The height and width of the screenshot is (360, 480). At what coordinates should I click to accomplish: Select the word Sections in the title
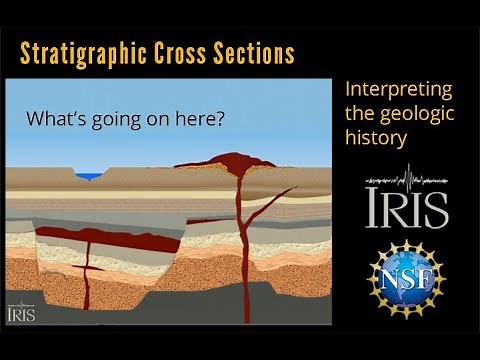(255, 51)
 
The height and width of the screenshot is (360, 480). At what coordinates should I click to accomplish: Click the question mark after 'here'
(219, 118)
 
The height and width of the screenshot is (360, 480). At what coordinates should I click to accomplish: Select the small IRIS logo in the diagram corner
(21, 311)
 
